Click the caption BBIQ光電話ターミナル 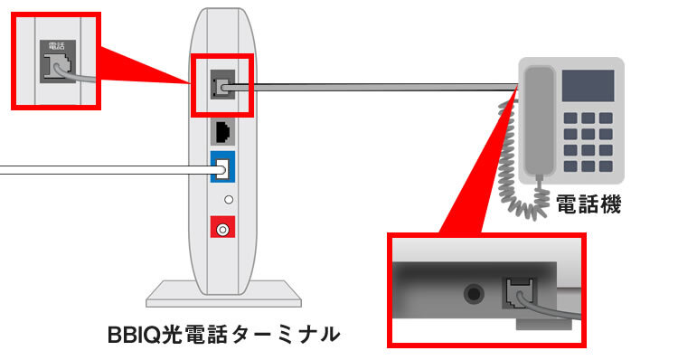tap(222, 336)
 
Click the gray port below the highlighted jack tap(222, 132)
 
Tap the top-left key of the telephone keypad tap(570, 118)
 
